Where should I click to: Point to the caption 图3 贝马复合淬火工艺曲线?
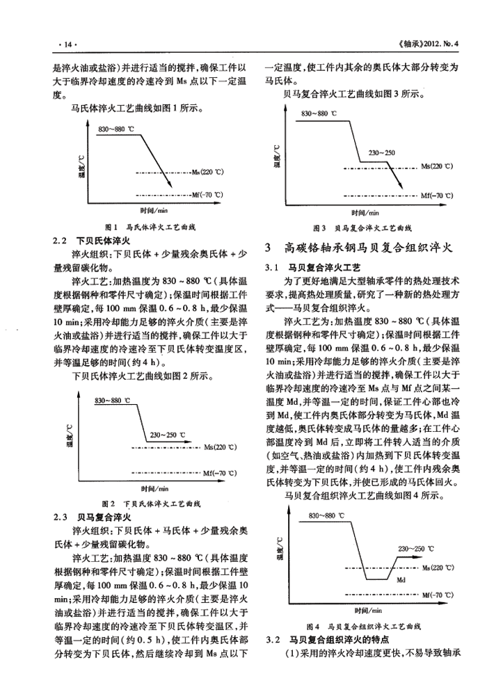click(x=362, y=227)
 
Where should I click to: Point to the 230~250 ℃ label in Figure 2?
click(x=171, y=435)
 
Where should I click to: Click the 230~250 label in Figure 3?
click(x=381, y=153)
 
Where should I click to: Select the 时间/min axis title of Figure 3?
click(x=365, y=213)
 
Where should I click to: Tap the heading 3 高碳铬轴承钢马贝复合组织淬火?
click(x=359, y=246)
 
